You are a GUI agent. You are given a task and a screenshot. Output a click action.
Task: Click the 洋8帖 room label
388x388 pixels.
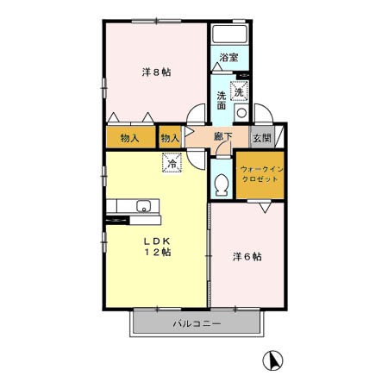(x=156, y=72)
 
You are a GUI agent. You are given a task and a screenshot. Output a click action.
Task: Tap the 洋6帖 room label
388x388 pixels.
(x=247, y=256)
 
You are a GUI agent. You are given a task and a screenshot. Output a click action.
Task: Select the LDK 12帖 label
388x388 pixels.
(x=158, y=247)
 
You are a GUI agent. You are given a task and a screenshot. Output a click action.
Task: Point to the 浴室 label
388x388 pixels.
(x=228, y=57)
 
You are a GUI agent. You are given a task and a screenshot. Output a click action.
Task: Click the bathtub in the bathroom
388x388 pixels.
(x=229, y=34)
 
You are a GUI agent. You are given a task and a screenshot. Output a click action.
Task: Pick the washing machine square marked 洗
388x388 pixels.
(x=239, y=91)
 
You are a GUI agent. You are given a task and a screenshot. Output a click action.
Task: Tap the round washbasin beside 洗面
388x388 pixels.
(x=241, y=113)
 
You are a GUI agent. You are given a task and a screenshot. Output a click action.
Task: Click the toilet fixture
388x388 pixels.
(x=222, y=185)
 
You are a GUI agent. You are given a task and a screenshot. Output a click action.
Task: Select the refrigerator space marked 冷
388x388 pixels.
(x=172, y=163)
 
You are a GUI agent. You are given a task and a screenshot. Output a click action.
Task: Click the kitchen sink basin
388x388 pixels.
(x=143, y=206)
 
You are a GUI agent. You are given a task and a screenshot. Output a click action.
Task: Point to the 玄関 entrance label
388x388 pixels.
(x=262, y=138)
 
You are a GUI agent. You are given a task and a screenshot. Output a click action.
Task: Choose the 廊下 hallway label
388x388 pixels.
(x=223, y=137)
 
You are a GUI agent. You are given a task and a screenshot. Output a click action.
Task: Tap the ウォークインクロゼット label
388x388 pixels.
(x=260, y=174)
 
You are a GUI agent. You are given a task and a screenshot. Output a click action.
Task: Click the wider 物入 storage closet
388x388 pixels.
(x=131, y=137)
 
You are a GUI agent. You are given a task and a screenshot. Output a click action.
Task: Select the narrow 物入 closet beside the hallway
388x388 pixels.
(x=170, y=137)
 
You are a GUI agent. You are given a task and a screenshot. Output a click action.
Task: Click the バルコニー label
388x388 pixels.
(x=197, y=324)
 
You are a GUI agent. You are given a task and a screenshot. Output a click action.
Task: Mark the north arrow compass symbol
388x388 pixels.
(x=272, y=360)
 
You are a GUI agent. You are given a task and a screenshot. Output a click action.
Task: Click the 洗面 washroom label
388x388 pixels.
(x=222, y=100)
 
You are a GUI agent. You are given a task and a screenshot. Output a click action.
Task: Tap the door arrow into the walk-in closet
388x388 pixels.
(x=265, y=208)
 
